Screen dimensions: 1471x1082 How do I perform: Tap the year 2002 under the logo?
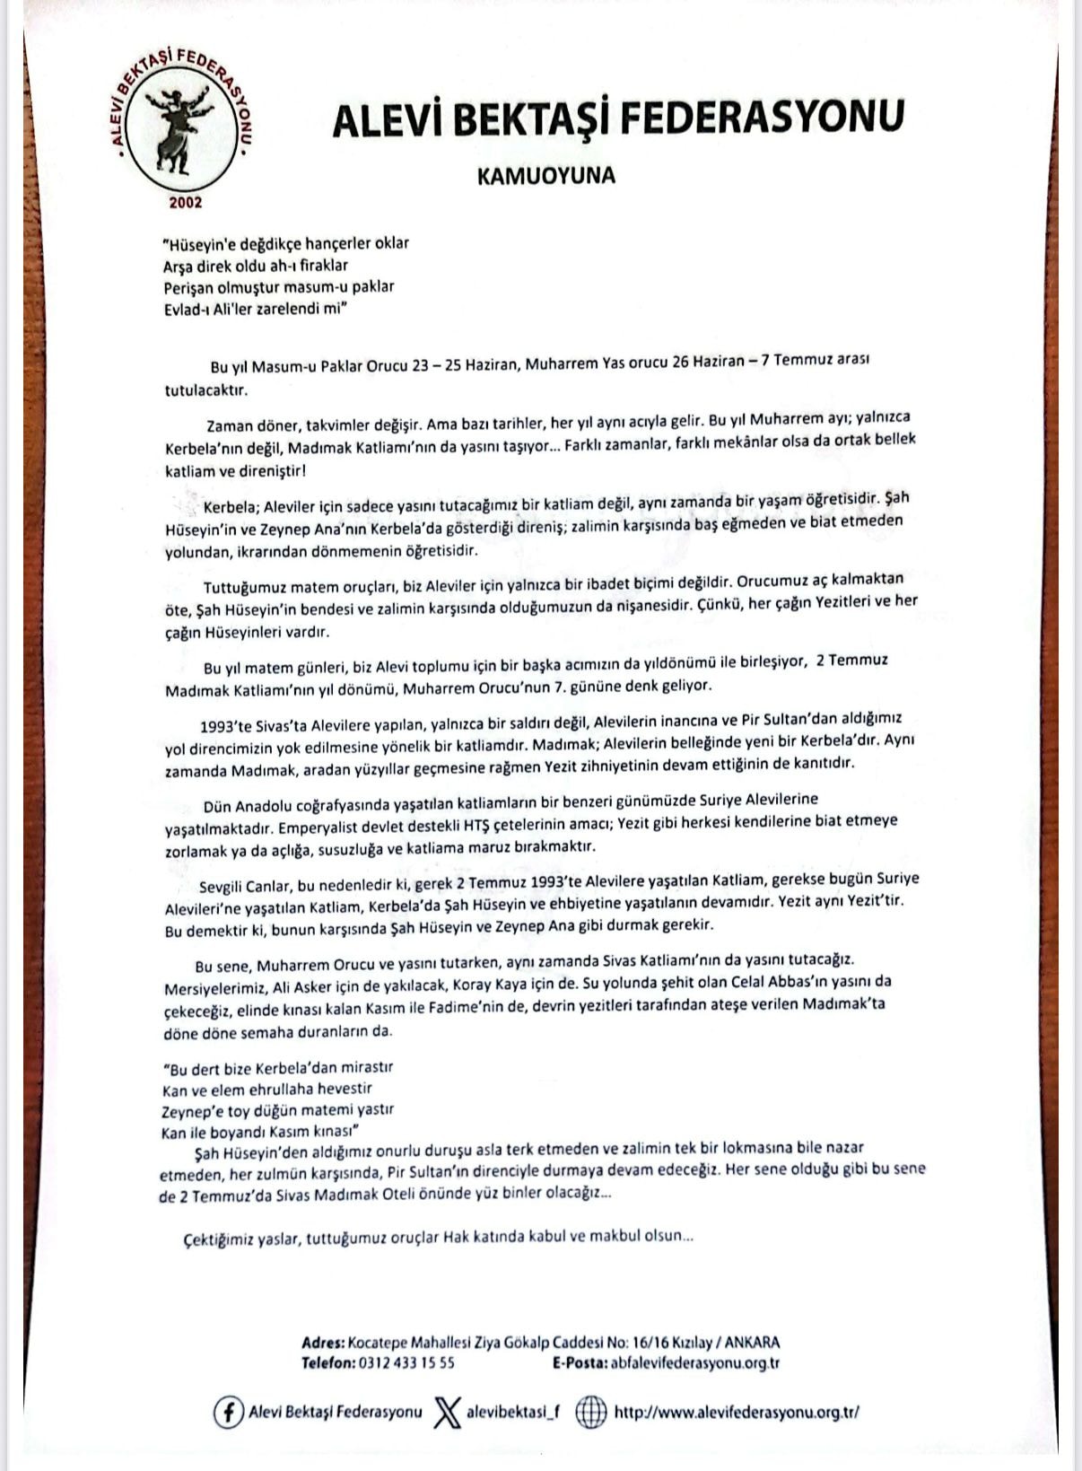click(x=186, y=203)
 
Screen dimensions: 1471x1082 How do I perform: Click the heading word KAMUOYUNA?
click(x=545, y=175)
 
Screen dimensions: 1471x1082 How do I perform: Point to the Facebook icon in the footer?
click(x=228, y=1412)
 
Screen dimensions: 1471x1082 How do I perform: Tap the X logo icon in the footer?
click(x=446, y=1412)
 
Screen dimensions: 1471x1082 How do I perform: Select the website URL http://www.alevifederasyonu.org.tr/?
click(x=737, y=1412)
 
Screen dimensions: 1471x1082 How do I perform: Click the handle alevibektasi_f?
click(x=512, y=1412)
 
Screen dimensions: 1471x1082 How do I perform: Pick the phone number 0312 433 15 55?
click(x=406, y=1362)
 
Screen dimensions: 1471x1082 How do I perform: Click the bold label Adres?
click(x=322, y=1343)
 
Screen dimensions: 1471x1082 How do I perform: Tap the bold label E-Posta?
click(x=579, y=1362)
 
